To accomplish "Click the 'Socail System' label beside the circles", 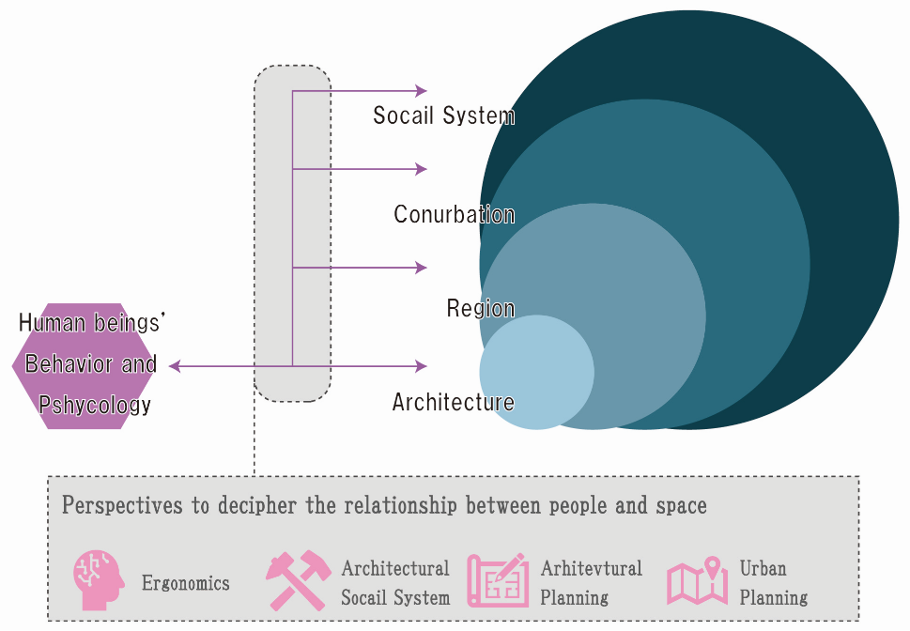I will (443, 115).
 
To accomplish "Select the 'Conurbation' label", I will (454, 214).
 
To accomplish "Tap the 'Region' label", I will (480, 308).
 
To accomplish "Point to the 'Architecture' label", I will (453, 402).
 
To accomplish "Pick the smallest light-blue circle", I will (536, 373).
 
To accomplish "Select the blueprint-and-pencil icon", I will (497, 580).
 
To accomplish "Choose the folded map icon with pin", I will (697, 581).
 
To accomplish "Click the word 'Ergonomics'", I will (185, 583).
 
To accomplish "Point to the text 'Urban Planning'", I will (773, 582).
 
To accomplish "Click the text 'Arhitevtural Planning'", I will (591, 582).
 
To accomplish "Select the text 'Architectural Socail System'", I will (395, 582).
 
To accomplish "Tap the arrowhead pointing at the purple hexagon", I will (175, 366).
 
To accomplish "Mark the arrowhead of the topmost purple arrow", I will (422, 91).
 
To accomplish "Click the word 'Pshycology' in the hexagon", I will (94, 405).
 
